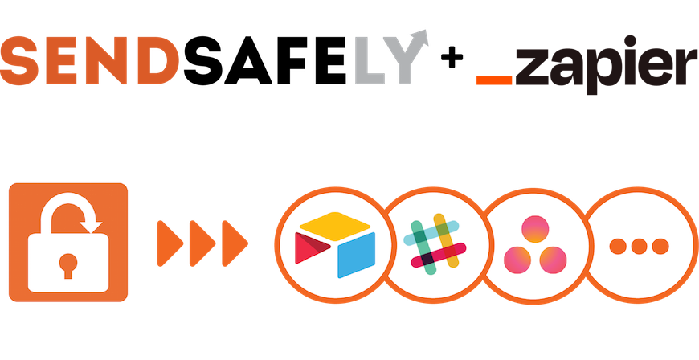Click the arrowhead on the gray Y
click(x=422, y=37)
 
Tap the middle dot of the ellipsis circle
click(x=639, y=245)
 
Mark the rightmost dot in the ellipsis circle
click(x=660, y=245)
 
